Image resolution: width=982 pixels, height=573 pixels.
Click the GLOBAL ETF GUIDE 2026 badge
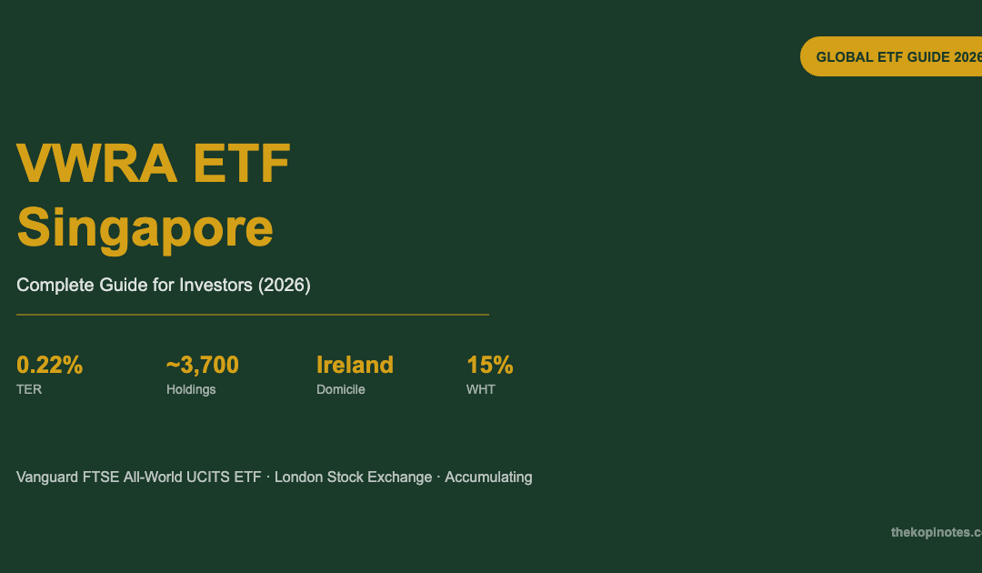891,56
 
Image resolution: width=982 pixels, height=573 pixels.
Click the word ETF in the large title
242,164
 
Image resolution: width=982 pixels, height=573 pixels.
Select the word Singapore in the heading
145,228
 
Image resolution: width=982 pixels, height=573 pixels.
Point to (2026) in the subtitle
285,285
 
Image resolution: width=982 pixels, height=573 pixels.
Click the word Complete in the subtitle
55,285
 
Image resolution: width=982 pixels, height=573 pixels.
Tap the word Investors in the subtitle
215,285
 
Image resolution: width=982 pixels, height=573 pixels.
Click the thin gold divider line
253,315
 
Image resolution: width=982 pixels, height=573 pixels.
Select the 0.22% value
49,365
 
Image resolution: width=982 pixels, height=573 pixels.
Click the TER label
29,389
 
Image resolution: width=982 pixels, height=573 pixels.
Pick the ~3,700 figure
202,365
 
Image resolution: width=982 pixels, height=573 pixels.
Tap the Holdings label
191,389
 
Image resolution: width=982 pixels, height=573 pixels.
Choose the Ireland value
355,365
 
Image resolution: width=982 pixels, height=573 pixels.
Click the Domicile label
341,389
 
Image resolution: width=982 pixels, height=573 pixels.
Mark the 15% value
490,365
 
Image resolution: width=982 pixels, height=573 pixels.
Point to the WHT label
480,389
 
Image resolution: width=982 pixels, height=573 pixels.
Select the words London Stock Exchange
353,477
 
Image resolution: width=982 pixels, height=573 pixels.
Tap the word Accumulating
488,477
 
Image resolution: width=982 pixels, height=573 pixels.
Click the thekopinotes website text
937,532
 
